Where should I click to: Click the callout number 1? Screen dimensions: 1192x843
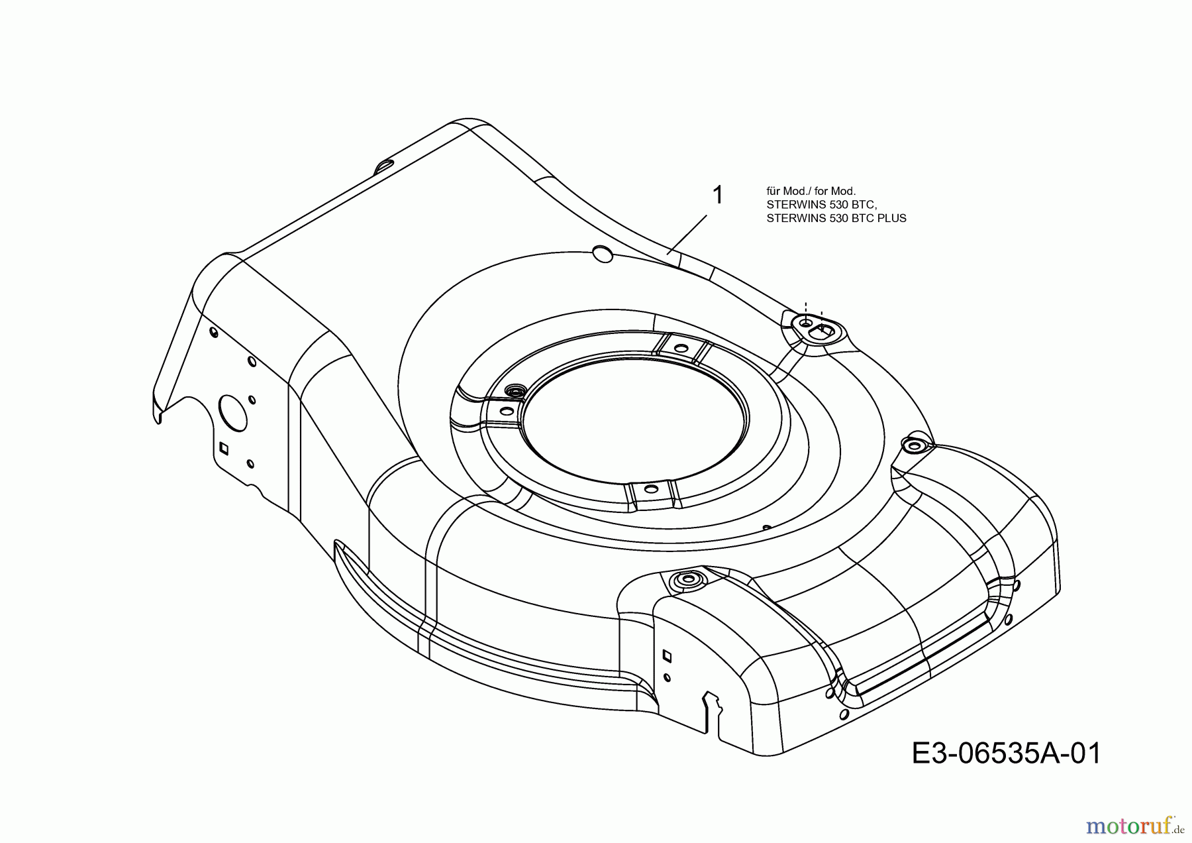click(717, 196)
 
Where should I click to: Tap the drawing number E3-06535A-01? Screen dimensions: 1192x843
click(1007, 754)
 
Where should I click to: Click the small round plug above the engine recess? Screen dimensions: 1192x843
click(602, 253)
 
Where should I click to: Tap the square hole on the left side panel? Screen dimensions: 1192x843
click(224, 448)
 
